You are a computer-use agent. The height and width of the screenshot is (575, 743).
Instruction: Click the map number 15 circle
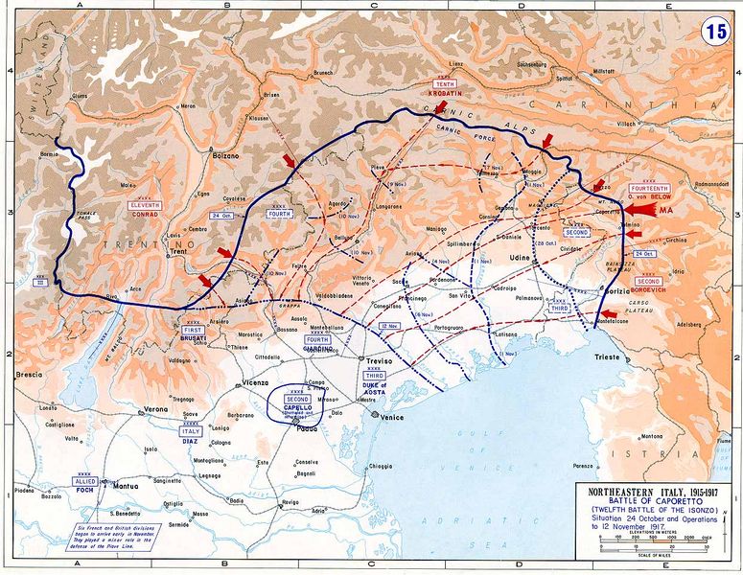point(714,29)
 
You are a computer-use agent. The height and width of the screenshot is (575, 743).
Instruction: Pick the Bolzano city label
point(223,155)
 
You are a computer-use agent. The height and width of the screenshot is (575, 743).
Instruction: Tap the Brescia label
point(27,374)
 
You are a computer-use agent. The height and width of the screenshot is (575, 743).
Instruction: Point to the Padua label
point(307,427)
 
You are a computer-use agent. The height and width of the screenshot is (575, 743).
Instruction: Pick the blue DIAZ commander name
point(192,442)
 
